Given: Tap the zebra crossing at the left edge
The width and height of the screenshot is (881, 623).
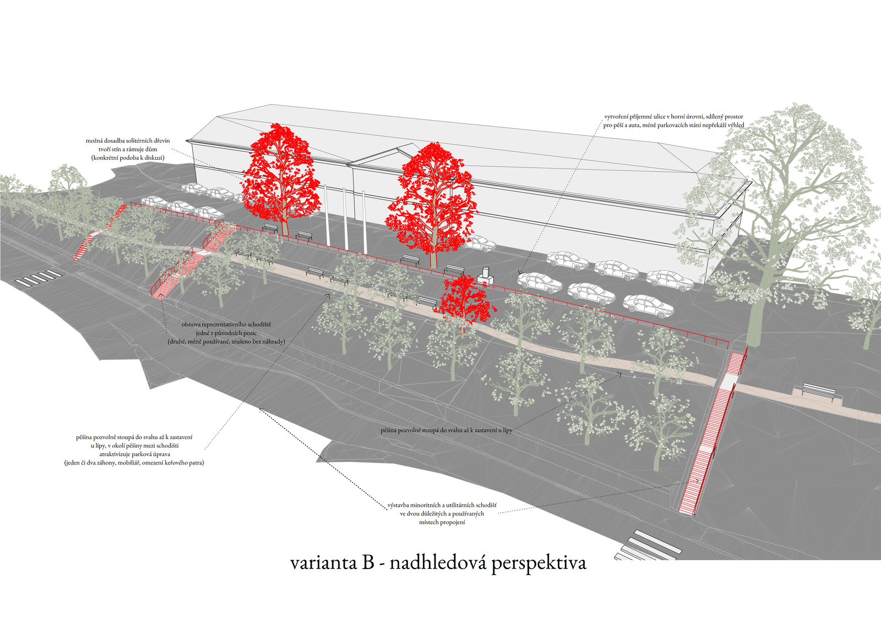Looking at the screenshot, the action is coord(39,277).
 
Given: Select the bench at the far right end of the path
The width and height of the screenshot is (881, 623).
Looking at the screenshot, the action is coord(818,392).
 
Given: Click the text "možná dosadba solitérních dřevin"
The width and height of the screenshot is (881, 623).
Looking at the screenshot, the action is coord(128,140).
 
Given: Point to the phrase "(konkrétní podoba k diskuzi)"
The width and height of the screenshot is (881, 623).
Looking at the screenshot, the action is coord(128,158).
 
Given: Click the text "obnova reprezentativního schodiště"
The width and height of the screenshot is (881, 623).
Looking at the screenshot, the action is coord(226,324).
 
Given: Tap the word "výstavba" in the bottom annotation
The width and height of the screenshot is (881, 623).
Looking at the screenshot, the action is coord(399,505).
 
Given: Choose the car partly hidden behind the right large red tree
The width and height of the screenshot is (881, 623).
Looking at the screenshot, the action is coord(479,243).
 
